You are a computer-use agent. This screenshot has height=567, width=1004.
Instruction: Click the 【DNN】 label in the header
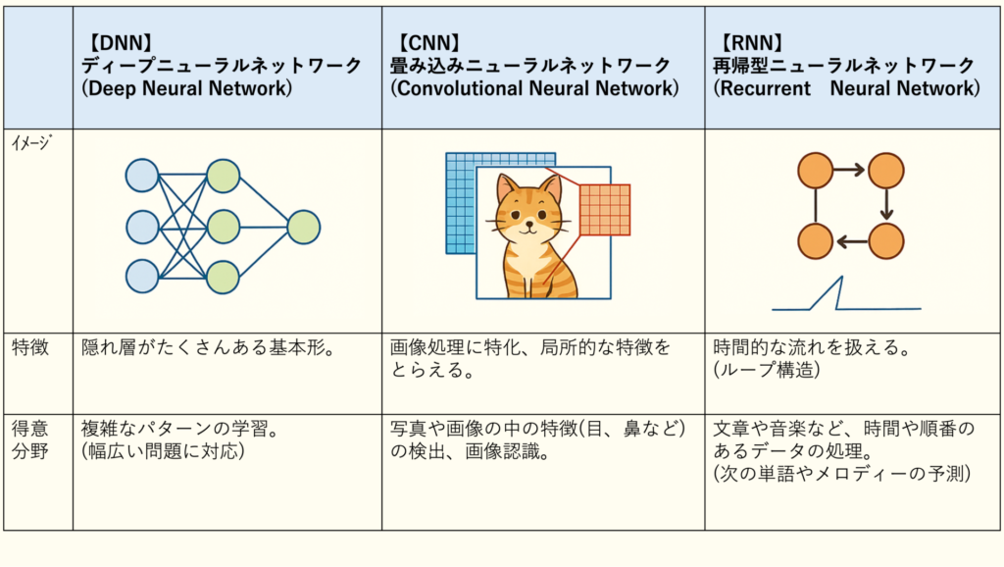click(x=119, y=43)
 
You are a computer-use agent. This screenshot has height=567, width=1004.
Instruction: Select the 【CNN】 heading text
click(x=427, y=43)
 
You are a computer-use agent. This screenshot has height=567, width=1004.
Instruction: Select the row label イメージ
click(x=31, y=142)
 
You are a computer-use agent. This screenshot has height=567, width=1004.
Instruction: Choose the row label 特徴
click(x=30, y=347)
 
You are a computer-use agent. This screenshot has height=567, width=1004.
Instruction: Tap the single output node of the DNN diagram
click(x=304, y=227)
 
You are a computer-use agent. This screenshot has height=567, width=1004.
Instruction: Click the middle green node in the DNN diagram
click(x=223, y=227)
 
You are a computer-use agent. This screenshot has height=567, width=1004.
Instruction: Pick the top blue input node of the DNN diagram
click(x=142, y=176)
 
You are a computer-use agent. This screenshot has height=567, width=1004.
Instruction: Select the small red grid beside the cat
click(x=605, y=210)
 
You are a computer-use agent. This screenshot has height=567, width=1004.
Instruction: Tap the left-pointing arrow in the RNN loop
click(x=852, y=241)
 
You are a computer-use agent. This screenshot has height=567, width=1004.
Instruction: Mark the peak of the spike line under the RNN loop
click(x=841, y=277)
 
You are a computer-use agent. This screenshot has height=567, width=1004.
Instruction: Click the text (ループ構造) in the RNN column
click(x=767, y=370)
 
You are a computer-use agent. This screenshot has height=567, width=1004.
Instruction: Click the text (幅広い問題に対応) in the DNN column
click(x=164, y=451)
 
